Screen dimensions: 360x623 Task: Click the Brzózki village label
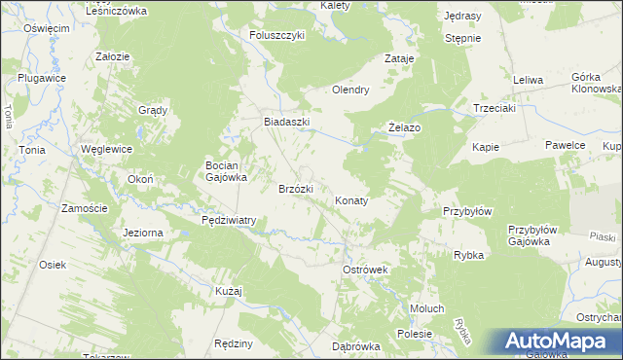295,189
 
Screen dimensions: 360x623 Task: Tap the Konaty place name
351,200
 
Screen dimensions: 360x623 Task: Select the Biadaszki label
287,122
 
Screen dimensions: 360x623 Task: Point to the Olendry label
350,90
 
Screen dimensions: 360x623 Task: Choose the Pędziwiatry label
228,220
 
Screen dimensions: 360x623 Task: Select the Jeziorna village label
143,233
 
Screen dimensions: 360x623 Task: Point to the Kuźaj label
228,291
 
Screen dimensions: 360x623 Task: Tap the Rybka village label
469,255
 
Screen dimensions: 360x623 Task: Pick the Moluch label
426,308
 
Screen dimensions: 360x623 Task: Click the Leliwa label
527,79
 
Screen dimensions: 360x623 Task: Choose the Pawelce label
565,145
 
